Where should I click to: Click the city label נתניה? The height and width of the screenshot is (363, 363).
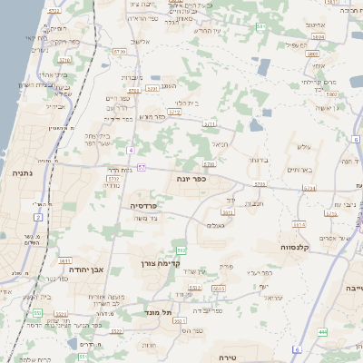pos(23,172)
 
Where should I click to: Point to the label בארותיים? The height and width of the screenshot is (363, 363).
pos(299,170)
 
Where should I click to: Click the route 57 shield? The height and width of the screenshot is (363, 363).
pos(142,167)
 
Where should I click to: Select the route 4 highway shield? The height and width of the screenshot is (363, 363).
pos(132,149)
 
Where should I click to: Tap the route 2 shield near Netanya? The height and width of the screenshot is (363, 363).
pos(37,217)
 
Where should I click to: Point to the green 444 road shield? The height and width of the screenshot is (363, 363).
pos(323,331)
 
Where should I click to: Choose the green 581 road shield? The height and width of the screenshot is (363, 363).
pos(261,26)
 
